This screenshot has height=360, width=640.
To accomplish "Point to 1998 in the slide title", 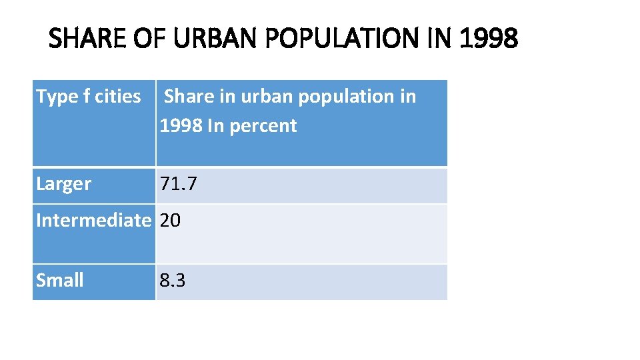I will point(489,39).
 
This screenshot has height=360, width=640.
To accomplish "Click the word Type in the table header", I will point(57,97).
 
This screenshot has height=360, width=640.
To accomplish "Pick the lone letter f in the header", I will point(87,97).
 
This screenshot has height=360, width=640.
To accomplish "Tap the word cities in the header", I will point(118,97).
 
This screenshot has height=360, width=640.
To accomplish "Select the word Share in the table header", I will point(186,97).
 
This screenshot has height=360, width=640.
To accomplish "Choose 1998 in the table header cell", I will point(181,126).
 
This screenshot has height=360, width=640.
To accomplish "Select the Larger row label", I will point(64,185).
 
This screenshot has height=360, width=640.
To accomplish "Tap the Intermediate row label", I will point(93,220).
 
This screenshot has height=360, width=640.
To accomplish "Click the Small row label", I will point(60,281).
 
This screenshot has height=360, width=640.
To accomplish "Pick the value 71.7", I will point(178,185).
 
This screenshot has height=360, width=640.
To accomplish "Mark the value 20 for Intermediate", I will point(170,220).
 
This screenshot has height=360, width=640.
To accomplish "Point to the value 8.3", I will point(173,281).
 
